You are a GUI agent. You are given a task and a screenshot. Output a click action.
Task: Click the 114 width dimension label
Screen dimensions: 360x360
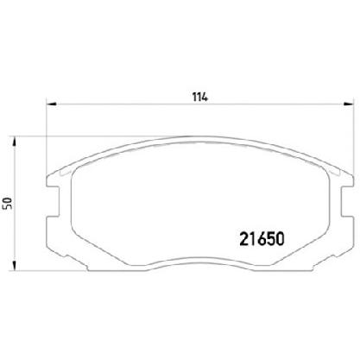[x=200, y=97]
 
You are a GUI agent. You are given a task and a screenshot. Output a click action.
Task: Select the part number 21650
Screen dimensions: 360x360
[x=262, y=239]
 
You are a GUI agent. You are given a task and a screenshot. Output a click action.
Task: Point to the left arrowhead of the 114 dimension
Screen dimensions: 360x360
[x=51, y=104]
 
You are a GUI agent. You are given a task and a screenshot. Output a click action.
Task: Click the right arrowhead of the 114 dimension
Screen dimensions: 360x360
[x=349, y=104]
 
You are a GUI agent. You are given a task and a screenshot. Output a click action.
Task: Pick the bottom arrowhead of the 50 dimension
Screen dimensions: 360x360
[x=13, y=266]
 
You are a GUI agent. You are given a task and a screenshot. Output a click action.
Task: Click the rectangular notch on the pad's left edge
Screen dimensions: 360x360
[x=53, y=201]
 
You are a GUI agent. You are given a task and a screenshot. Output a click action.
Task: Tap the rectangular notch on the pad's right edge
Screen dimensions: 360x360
[x=347, y=201]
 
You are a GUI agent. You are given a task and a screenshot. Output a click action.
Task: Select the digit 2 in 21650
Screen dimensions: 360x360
[x=244, y=239]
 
